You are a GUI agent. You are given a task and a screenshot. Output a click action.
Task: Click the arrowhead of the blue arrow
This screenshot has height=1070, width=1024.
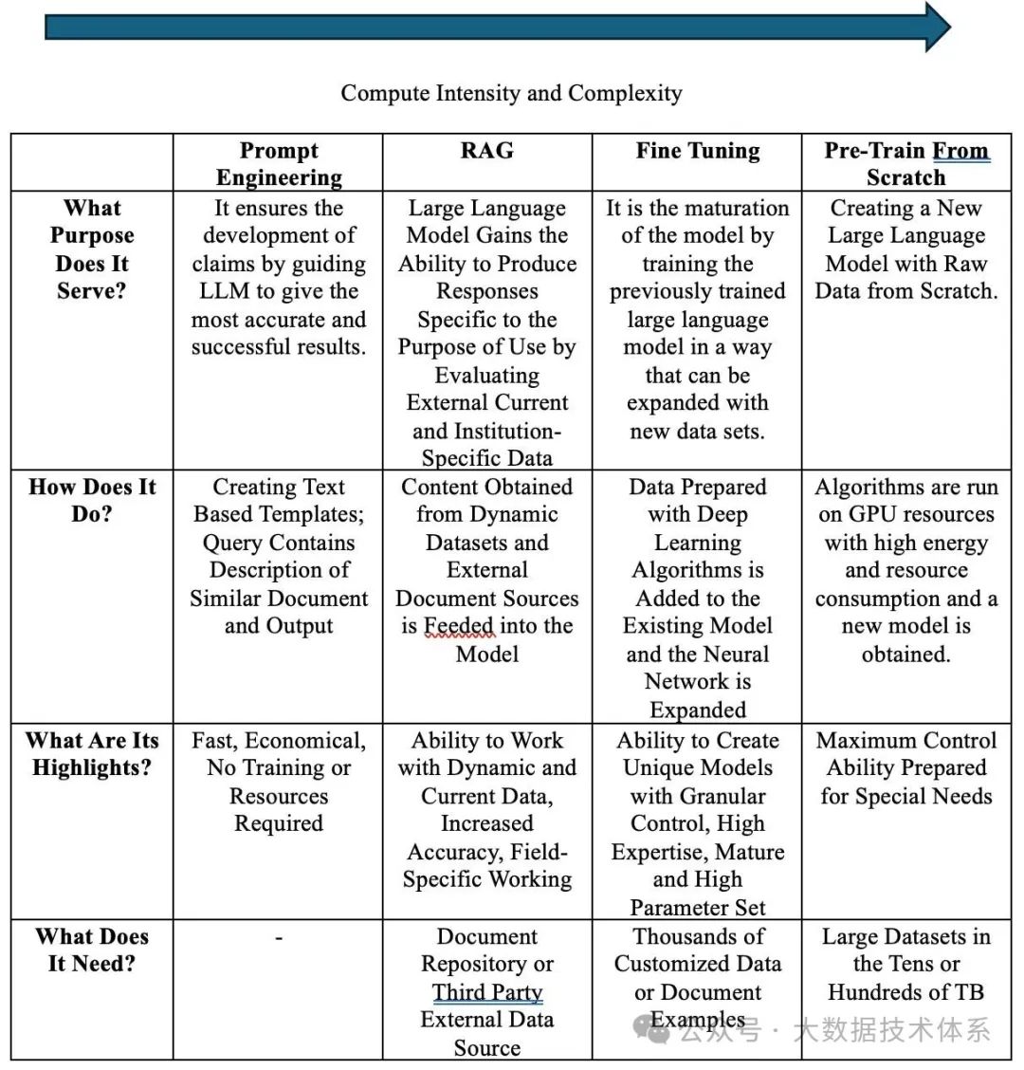935,27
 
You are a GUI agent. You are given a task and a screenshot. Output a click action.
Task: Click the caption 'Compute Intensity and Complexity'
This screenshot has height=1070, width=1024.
511,93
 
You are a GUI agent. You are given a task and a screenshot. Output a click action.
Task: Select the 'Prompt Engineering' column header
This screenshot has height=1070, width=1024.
279,163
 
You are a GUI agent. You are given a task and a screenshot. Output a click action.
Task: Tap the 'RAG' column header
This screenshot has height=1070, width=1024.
486,150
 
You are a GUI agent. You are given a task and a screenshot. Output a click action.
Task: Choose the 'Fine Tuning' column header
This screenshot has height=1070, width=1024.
698,150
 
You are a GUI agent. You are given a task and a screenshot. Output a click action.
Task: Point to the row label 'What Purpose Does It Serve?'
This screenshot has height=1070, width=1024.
92,249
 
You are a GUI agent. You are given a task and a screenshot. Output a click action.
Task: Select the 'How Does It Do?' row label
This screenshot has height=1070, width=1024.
92,501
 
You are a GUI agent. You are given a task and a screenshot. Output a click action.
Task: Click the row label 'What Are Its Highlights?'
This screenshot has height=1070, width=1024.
92,753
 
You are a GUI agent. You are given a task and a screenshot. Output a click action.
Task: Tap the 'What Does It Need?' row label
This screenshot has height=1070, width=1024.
92,950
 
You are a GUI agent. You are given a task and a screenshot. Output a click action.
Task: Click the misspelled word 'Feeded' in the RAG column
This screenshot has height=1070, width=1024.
459,626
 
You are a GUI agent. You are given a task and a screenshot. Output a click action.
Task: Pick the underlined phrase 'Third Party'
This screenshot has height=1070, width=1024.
487,991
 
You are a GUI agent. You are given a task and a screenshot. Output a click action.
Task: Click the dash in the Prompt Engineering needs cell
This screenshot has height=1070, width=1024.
279,937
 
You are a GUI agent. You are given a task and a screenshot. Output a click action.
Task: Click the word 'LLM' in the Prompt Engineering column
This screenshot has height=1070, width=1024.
225,291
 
